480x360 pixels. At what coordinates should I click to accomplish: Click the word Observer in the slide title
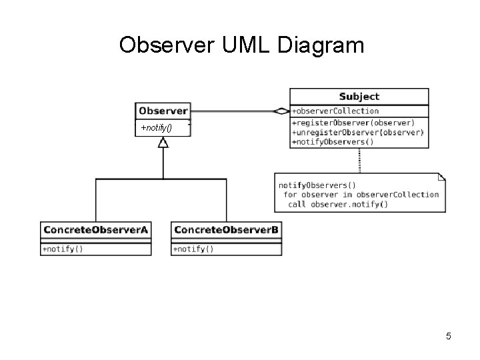coord(167,45)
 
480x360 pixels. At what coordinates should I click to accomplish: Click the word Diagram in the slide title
coord(321,46)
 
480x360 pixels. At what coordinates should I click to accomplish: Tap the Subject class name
coord(359,97)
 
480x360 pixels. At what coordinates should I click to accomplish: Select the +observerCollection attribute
coord(335,111)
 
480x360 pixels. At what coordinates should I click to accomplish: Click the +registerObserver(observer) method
coord(353,123)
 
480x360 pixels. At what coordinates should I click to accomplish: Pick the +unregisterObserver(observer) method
coord(358,133)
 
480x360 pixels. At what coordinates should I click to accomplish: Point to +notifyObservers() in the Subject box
coord(333,142)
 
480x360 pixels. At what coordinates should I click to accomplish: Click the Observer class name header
coord(163,111)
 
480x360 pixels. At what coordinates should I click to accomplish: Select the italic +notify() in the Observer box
coord(157,127)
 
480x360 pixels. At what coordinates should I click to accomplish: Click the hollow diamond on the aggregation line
coord(281,111)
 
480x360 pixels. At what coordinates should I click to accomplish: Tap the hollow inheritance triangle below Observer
coord(163,143)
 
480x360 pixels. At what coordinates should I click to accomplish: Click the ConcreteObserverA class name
coord(96,230)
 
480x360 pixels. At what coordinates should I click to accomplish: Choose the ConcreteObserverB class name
coord(226,230)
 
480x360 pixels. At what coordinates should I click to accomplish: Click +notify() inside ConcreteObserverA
coord(63,249)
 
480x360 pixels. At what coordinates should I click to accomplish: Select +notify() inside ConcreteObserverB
coord(193,249)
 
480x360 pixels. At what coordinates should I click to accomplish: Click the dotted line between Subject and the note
coord(359,161)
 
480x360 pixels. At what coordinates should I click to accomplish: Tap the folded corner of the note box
coord(442,177)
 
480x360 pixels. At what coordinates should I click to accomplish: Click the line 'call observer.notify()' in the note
coord(338,205)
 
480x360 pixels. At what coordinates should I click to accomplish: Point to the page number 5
coord(449,336)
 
